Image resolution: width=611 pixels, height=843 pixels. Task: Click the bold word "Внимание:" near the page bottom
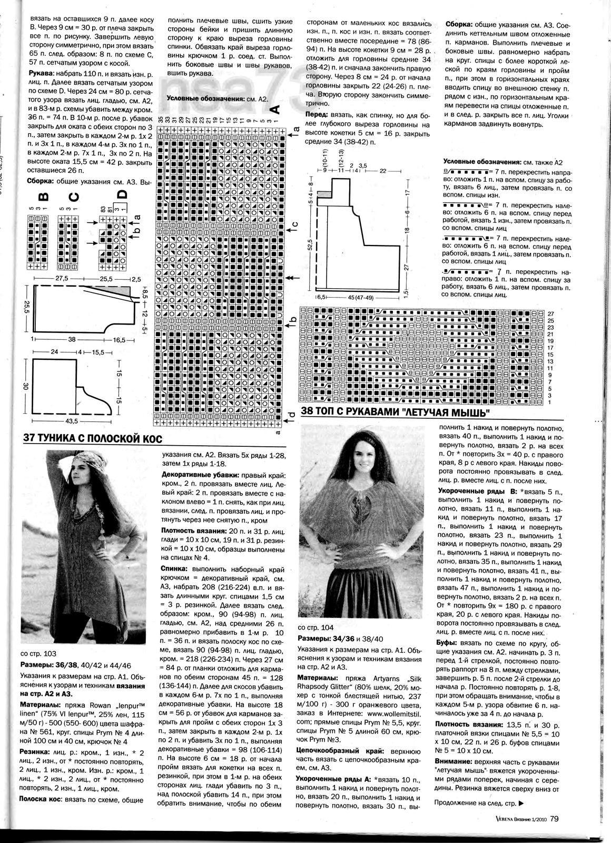(455, 762)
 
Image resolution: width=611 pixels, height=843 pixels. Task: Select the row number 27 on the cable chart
(551, 313)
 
